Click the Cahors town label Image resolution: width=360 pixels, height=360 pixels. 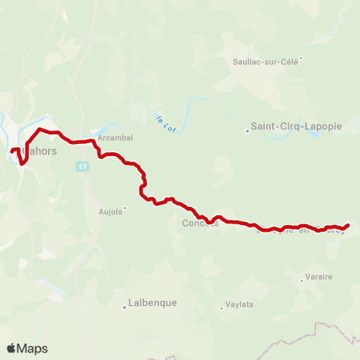[x=40, y=150]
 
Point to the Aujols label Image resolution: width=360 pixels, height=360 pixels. [x=109, y=211]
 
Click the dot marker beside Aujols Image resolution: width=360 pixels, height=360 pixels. [x=125, y=208]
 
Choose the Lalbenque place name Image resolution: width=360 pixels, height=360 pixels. [x=153, y=303]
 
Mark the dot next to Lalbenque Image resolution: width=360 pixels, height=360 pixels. [x=125, y=306]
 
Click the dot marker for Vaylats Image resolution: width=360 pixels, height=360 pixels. [x=220, y=306]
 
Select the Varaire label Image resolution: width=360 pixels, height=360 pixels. [x=319, y=277]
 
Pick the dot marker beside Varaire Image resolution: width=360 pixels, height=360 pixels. [x=301, y=280]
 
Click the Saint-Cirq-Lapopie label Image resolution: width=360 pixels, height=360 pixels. [x=296, y=127]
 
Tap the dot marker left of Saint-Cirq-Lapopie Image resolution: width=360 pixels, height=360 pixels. [x=247, y=130]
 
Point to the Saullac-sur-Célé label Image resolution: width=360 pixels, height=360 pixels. [x=265, y=61]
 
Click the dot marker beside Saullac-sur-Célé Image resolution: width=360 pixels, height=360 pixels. [x=301, y=57]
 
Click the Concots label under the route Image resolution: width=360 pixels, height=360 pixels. [x=199, y=223]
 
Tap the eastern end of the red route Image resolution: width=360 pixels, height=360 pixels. [x=349, y=225]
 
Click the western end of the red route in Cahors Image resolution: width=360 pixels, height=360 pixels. [x=11, y=152]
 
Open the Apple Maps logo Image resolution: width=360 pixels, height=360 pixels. [x=26, y=348]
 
